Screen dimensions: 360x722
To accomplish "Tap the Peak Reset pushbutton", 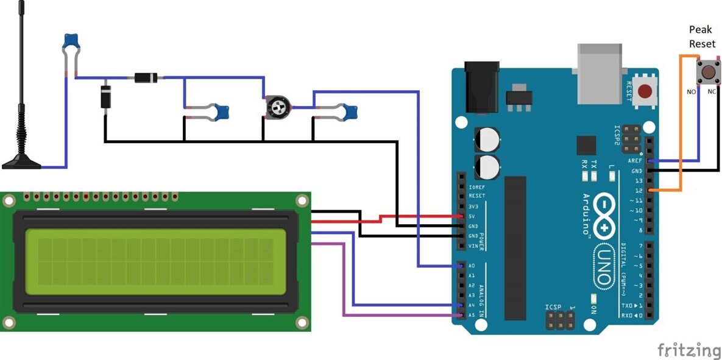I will [707, 72].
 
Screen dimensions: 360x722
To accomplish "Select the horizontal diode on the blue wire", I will [146, 77].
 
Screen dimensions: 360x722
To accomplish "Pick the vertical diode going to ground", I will [105, 97].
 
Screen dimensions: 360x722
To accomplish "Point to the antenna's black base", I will [22, 163].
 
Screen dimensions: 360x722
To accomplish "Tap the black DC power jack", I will [481, 86].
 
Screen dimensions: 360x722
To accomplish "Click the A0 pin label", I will [472, 266].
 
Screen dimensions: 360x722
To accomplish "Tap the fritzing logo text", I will [688, 350].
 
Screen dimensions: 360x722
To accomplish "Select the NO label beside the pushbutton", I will [691, 91].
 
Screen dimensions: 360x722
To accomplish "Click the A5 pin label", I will [472, 315].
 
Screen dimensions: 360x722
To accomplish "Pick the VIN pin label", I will [473, 245].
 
